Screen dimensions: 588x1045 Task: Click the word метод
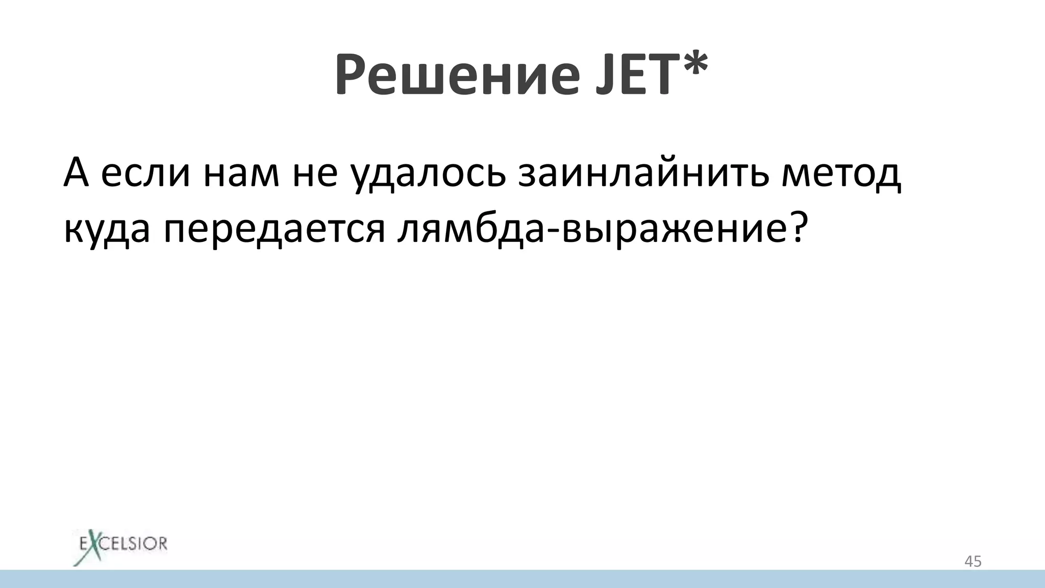(x=841, y=175)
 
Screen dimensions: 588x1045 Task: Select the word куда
(x=107, y=230)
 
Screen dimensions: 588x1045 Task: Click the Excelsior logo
(x=119, y=544)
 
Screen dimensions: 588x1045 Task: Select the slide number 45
(x=973, y=561)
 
